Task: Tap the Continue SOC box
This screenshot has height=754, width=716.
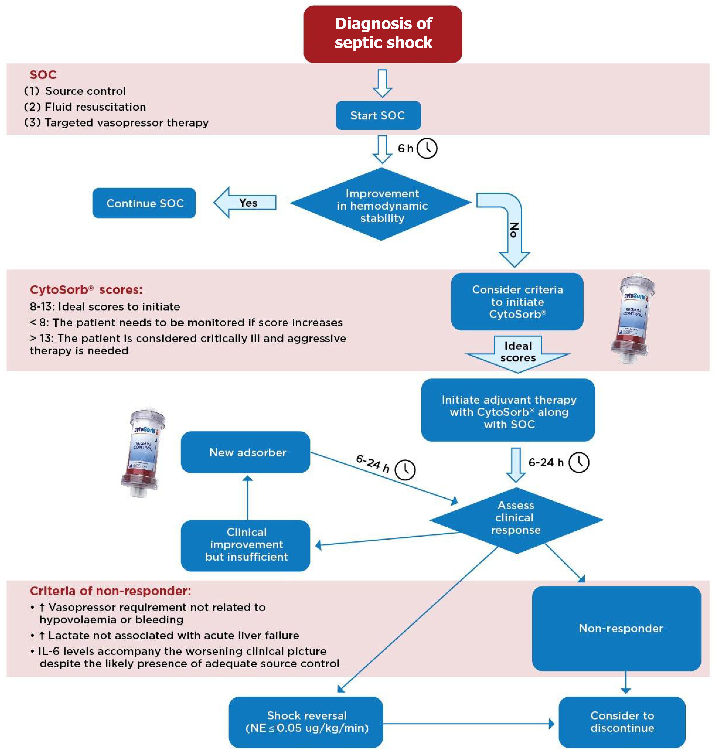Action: point(144,203)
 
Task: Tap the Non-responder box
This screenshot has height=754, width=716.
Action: point(616,628)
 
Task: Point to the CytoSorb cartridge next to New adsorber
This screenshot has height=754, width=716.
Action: point(143,452)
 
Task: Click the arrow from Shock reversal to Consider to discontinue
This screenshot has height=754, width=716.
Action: point(469,723)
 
